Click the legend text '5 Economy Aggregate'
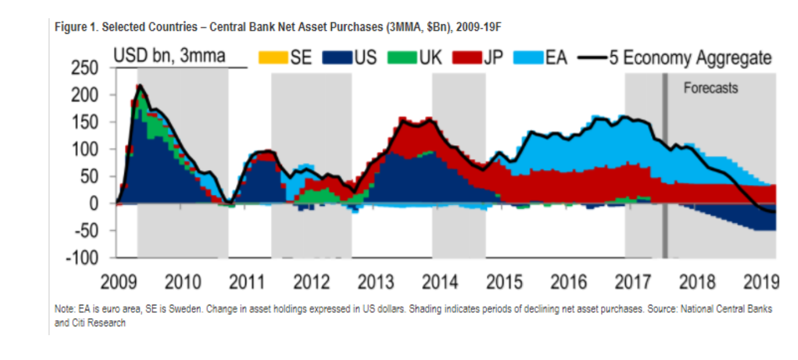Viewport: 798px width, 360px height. (x=690, y=58)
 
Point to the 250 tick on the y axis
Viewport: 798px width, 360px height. (x=84, y=68)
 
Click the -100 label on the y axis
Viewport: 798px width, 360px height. (x=82, y=258)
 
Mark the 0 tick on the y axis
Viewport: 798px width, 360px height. (x=94, y=204)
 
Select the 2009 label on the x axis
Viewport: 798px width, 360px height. (x=119, y=282)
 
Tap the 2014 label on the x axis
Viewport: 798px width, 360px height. (x=440, y=282)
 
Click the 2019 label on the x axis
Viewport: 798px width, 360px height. (x=762, y=282)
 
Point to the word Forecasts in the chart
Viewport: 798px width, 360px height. (x=711, y=88)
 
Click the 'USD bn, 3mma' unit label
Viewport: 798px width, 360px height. (x=169, y=56)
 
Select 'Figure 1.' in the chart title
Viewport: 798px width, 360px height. (x=76, y=27)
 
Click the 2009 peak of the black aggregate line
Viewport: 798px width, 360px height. (x=140, y=85)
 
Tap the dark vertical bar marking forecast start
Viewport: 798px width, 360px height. (x=665, y=166)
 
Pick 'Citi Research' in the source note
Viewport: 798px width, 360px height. (x=99, y=323)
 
